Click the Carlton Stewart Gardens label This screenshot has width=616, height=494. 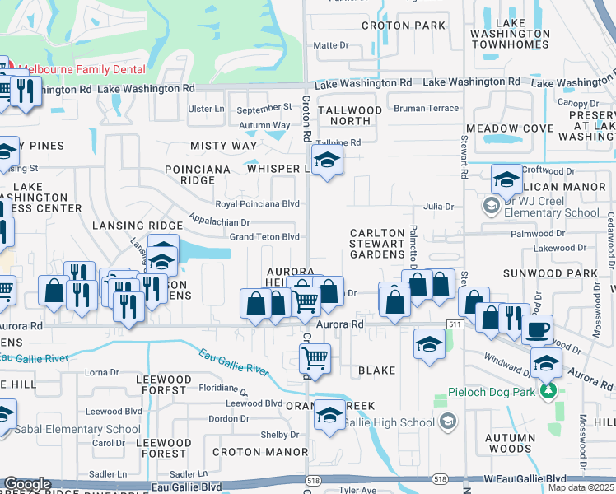(x=377, y=245)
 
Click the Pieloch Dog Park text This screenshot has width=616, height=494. (x=490, y=391)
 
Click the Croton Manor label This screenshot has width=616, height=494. (x=249, y=452)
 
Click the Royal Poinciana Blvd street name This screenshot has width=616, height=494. (x=257, y=204)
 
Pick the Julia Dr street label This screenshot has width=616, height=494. (x=438, y=207)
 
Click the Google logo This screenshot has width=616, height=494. (x=27, y=485)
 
